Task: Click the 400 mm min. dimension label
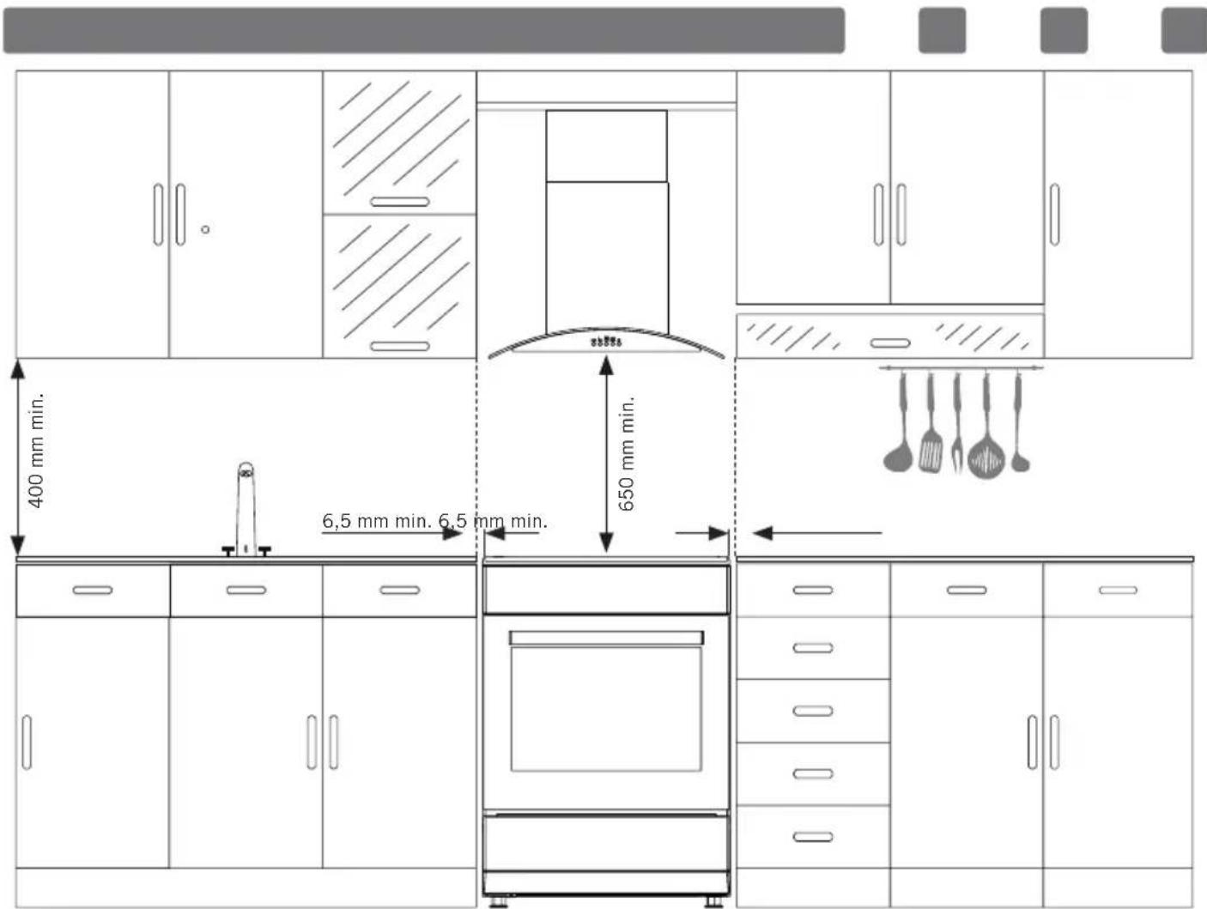pyautogui.click(x=36, y=451)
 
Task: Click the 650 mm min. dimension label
pyautogui.click(x=627, y=453)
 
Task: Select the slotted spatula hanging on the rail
pyautogui.click(x=931, y=423)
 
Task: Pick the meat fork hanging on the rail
pyautogui.click(x=957, y=422)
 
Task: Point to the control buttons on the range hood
pyautogui.click(x=606, y=342)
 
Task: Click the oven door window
pyautogui.click(x=606, y=709)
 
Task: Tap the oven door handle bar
pyautogui.click(x=606, y=638)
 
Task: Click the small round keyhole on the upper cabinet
pyautogui.click(x=205, y=229)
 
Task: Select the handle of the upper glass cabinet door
pyautogui.click(x=400, y=202)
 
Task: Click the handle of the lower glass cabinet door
pyautogui.click(x=400, y=346)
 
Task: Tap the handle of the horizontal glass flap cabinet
pyautogui.click(x=890, y=343)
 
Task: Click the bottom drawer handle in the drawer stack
pyautogui.click(x=813, y=837)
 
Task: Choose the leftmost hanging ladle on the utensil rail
pyautogui.click(x=899, y=422)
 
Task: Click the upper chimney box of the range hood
pyautogui.click(x=607, y=146)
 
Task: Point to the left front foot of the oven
pyautogui.click(x=498, y=902)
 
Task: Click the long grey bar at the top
pyautogui.click(x=424, y=30)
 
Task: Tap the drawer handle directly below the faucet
pyautogui.click(x=246, y=591)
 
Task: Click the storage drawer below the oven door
pyautogui.click(x=606, y=843)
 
